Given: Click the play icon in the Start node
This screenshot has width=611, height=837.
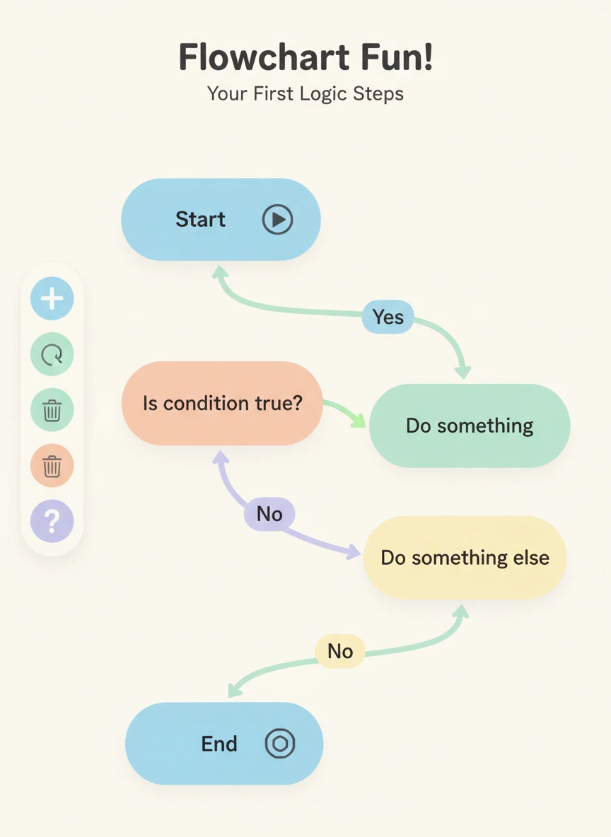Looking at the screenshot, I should point(277,220).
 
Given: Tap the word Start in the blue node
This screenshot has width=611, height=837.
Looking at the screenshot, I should point(200,219).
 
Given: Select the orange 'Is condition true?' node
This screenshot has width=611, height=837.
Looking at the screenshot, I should point(222,404).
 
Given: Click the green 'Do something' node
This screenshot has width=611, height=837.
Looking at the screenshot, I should point(470,426).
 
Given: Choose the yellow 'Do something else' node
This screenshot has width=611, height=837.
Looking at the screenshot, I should point(465,558).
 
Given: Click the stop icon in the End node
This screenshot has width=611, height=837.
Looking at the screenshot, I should point(279,744).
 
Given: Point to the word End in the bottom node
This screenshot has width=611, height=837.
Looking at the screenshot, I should point(219,744).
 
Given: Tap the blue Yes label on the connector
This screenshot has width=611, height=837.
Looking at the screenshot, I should point(388,317).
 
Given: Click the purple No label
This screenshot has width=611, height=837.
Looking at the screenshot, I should point(269,514).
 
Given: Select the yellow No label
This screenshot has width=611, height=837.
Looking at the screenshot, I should point(339,650).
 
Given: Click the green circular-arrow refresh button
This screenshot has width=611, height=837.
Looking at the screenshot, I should point(52,354).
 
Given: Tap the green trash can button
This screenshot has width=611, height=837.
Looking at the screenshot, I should point(52,410).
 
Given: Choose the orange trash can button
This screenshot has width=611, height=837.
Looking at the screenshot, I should point(52,466).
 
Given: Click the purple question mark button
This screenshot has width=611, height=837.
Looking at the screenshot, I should point(52,522).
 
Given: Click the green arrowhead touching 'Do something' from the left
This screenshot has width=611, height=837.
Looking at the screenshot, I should point(359,421).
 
